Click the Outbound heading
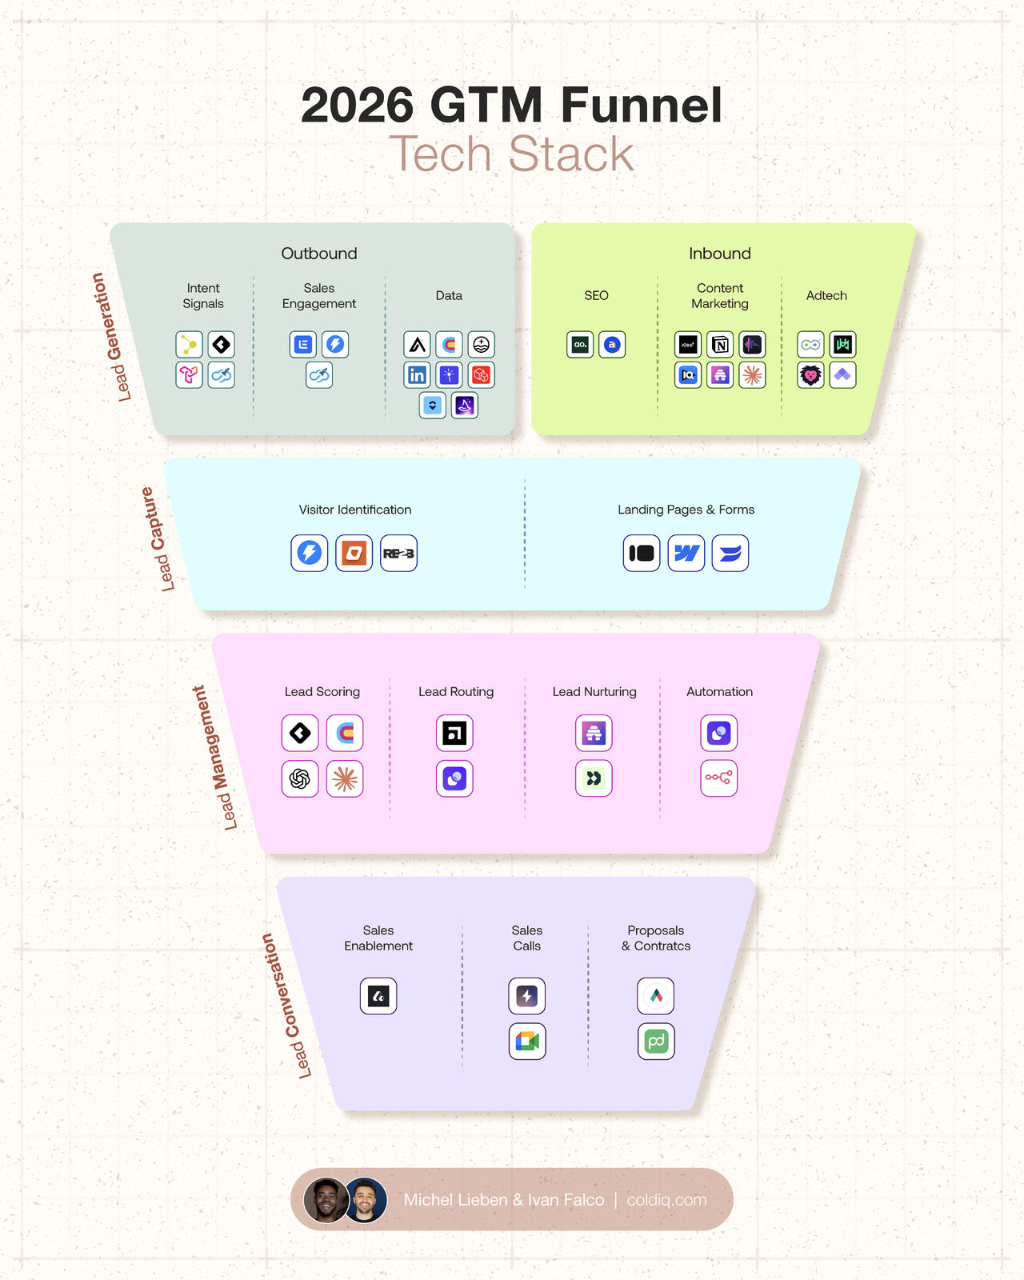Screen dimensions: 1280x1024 (x=318, y=254)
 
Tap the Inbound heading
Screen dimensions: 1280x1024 (x=719, y=254)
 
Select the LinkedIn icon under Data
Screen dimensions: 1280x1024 (x=417, y=375)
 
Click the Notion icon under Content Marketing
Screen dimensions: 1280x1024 (x=720, y=345)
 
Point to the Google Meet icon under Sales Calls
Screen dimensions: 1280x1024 (x=527, y=1042)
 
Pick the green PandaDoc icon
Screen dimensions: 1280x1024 (x=656, y=1042)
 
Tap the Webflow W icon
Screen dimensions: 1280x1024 (x=686, y=553)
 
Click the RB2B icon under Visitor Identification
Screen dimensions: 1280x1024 (x=398, y=553)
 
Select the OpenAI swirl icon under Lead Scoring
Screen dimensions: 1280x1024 (x=300, y=778)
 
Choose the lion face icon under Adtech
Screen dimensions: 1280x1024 (x=810, y=375)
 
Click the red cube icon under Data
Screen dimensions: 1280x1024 (x=481, y=375)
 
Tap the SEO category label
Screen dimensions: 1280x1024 (x=596, y=296)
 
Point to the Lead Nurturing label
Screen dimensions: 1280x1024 (x=594, y=692)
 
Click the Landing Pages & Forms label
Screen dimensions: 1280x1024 (x=686, y=510)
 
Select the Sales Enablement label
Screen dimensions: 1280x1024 (x=378, y=938)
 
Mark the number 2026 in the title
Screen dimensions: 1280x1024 (x=357, y=106)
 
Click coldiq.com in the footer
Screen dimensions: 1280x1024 (x=666, y=1200)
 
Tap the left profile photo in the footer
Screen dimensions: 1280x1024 (x=326, y=1200)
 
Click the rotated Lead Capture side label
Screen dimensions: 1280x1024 (x=158, y=538)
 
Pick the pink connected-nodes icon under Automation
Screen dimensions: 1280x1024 (x=718, y=778)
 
